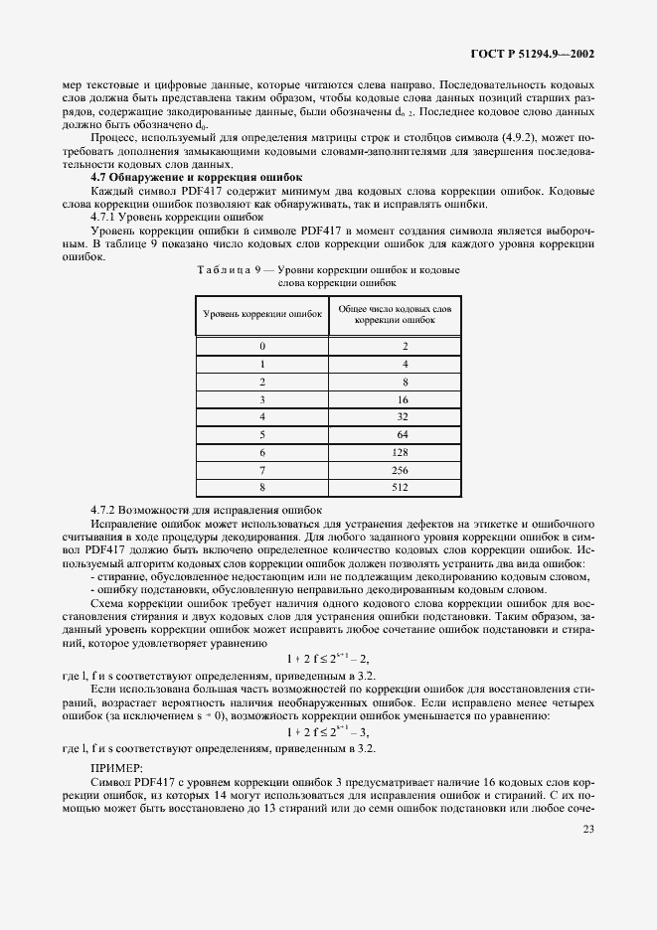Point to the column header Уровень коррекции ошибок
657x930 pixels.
tap(262, 313)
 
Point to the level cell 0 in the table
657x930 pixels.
tap(262, 346)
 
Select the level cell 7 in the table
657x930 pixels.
tap(262, 470)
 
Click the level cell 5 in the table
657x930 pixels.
tap(262, 434)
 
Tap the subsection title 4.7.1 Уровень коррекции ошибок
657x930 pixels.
tap(170, 215)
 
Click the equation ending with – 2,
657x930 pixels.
tap(328, 658)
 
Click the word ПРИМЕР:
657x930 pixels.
tap(117, 767)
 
